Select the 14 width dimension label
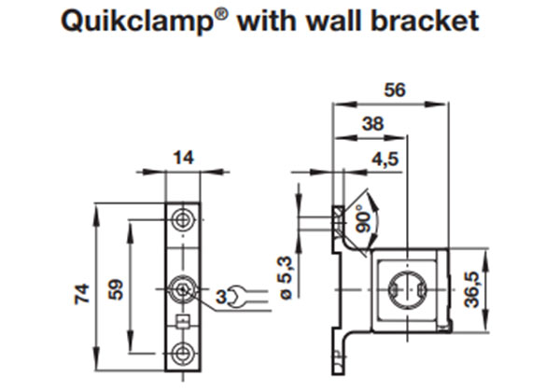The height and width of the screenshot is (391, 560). [183, 160]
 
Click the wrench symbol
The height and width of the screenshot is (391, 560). [238, 298]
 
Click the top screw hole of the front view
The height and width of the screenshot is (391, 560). [183, 219]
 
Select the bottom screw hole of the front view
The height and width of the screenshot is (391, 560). [183, 352]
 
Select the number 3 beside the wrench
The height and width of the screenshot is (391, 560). [220, 297]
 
